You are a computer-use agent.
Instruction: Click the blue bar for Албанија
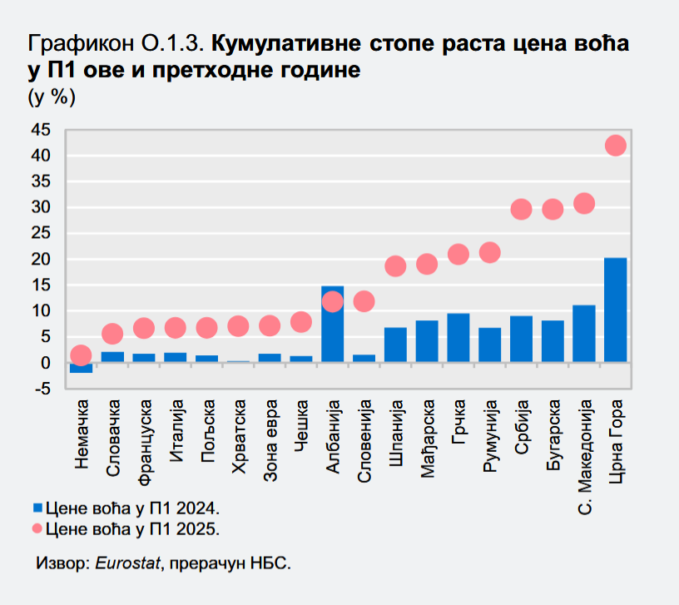[332, 325]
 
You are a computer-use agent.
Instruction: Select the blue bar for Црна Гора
[615, 310]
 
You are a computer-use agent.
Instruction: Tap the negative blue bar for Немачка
[81, 368]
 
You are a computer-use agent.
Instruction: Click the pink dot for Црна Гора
[615, 146]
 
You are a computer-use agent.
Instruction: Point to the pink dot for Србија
[521, 209]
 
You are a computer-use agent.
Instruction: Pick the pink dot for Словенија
[364, 301]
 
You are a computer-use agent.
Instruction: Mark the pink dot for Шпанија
[395, 266]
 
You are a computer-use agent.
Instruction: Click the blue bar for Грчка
[458, 338]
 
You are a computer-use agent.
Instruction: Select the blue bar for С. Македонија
[584, 334]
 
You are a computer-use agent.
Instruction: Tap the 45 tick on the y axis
[40, 130]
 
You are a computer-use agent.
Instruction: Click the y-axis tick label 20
[40, 260]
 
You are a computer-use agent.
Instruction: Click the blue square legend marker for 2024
[37, 508]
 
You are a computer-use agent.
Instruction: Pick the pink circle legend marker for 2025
[37, 528]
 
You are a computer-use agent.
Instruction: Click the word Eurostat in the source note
[127, 563]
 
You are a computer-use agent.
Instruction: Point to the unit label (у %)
[52, 97]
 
